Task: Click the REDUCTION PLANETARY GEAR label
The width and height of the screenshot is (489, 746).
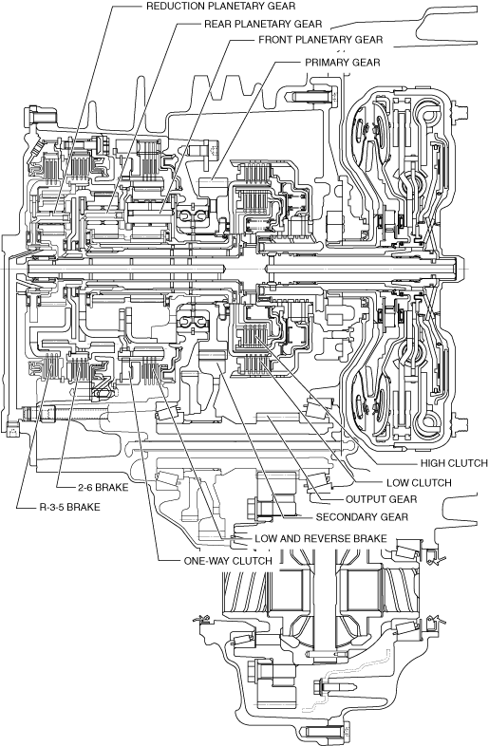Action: [x=220, y=7]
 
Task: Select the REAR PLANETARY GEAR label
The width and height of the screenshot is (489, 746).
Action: [x=263, y=24]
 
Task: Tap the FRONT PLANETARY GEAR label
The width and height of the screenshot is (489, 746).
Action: [x=320, y=40]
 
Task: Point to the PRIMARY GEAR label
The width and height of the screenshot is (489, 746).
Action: [x=343, y=63]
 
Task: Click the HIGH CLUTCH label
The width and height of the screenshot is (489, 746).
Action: [x=454, y=463]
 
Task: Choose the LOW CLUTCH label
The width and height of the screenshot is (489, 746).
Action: [x=419, y=483]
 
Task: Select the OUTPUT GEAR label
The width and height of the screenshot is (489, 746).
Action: [x=381, y=499]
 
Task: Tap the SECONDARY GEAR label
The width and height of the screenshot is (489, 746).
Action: [x=362, y=516]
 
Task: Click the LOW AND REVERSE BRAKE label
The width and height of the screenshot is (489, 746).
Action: [x=320, y=538]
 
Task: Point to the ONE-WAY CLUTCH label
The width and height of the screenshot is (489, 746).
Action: [x=228, y=561]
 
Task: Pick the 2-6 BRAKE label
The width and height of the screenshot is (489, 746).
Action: [x=103, y=487]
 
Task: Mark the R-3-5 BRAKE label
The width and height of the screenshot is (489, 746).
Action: [x=69, y=507]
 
